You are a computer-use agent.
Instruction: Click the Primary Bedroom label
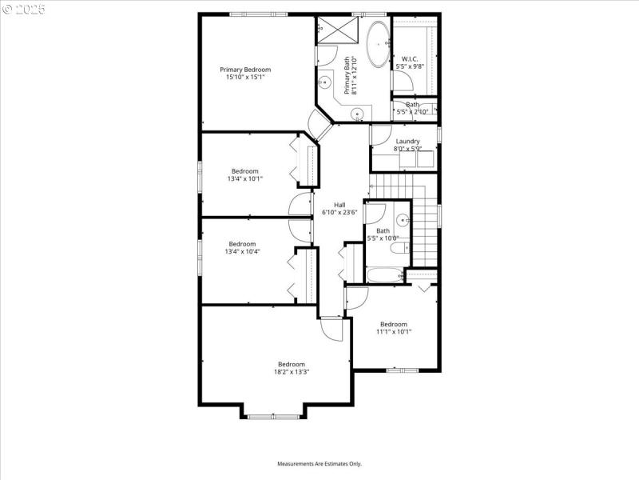click(245, 70)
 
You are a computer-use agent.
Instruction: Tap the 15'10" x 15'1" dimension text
click(245, 78)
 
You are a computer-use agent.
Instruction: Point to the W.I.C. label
click(410, 58)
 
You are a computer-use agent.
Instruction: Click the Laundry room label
click(407, 142)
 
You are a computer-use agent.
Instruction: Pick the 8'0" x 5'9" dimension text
click(407, 149)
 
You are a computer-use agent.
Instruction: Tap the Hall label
click(339, 206)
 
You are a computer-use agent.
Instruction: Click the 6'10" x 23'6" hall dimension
click(339, 213)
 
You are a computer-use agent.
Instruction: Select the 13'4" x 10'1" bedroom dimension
click(244, 178)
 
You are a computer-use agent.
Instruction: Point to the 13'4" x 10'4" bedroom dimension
click(242, 251)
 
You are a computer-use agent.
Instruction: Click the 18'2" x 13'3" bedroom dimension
click(291, 371)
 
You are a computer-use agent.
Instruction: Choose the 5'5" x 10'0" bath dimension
click(383, 238)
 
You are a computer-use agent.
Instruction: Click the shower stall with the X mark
click(339, 31)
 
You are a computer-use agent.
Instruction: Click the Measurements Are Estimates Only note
click(319, 464)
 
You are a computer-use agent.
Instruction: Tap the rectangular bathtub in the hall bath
click(386, 276)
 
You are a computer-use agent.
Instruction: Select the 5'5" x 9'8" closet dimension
click(410, 66)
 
